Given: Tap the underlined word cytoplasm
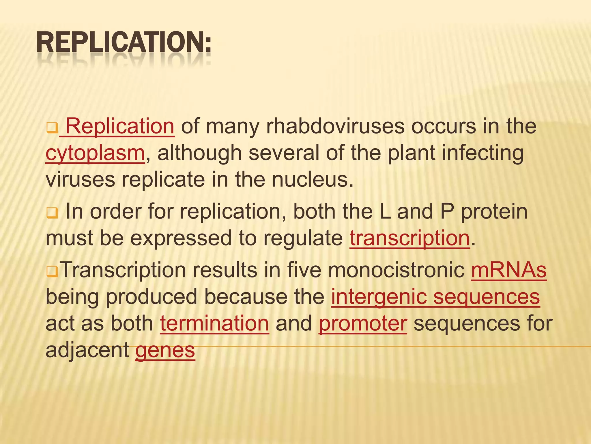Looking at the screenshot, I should [x=95, y=153].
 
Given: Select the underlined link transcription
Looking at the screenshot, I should [x=410, y=238].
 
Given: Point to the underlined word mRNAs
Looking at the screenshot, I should [x=509, y=270].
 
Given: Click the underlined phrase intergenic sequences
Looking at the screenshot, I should [x=435, y=297].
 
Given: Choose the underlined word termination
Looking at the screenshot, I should [x=214, y=323].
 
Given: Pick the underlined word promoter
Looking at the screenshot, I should [x=363, y=323].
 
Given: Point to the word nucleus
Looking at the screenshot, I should [x=313, y=180].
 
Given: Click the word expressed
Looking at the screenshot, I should [x=181, y=238].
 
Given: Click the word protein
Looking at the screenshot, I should [x=494, y=212].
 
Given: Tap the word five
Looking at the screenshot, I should [x=304, y=270].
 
